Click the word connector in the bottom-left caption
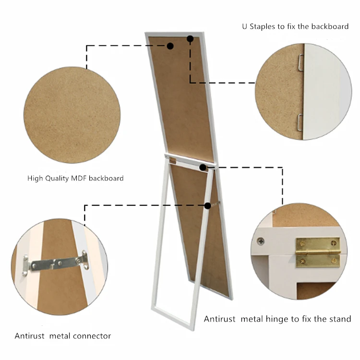coord(91,336)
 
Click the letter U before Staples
coord(245,26)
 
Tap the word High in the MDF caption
coord(35,178)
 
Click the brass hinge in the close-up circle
coord(317,252)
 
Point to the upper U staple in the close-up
coord(300,61)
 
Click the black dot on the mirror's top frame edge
coord(190,38)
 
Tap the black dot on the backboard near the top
coord(170,46)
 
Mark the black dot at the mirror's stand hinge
coord(203,168)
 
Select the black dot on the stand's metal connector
coord(207,205)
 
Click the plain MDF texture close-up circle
coord(72,115)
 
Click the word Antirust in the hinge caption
coord(220,319)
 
